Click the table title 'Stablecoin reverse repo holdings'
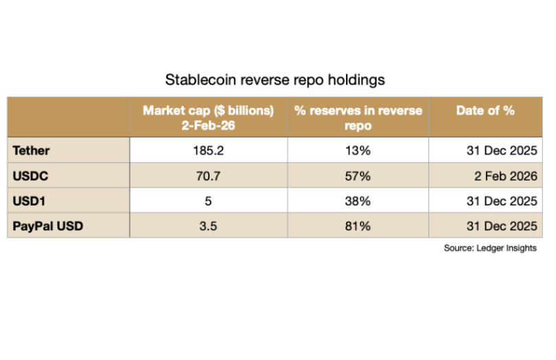coord(275,80)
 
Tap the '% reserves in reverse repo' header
coord(358,117)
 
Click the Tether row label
coord(32,150)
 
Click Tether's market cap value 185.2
coord(208,150)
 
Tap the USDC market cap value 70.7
coord(208,176)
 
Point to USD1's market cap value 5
coord(208,201)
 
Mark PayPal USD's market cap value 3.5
coord(208,225)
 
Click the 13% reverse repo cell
coord(358,150)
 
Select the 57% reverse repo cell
coord(358,176)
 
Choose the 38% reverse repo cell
coord(358,201)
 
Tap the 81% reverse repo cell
coord(358,225)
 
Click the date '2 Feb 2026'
coord(507,176)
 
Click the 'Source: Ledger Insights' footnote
coord(490,248)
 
